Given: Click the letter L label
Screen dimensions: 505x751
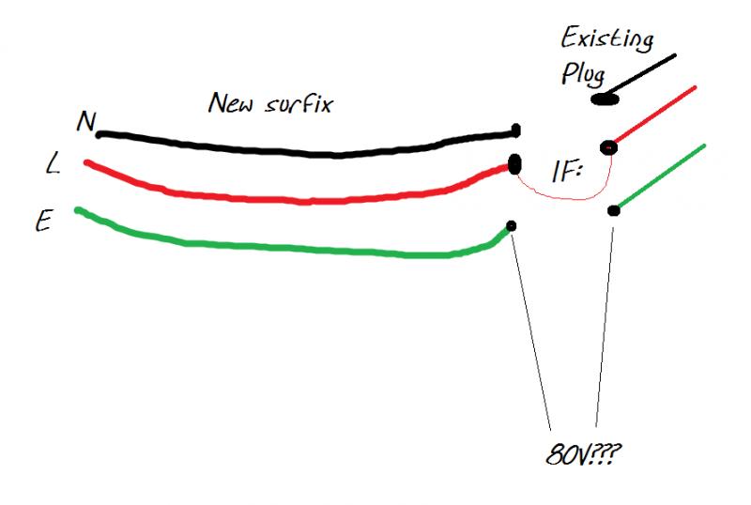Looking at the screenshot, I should (x=52, y=166).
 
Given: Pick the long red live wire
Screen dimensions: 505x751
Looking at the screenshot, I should (x=300, y=198).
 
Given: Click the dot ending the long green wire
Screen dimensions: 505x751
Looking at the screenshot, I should (x=512, y=225).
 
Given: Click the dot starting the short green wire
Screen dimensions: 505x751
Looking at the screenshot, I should (x=613, y=210).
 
